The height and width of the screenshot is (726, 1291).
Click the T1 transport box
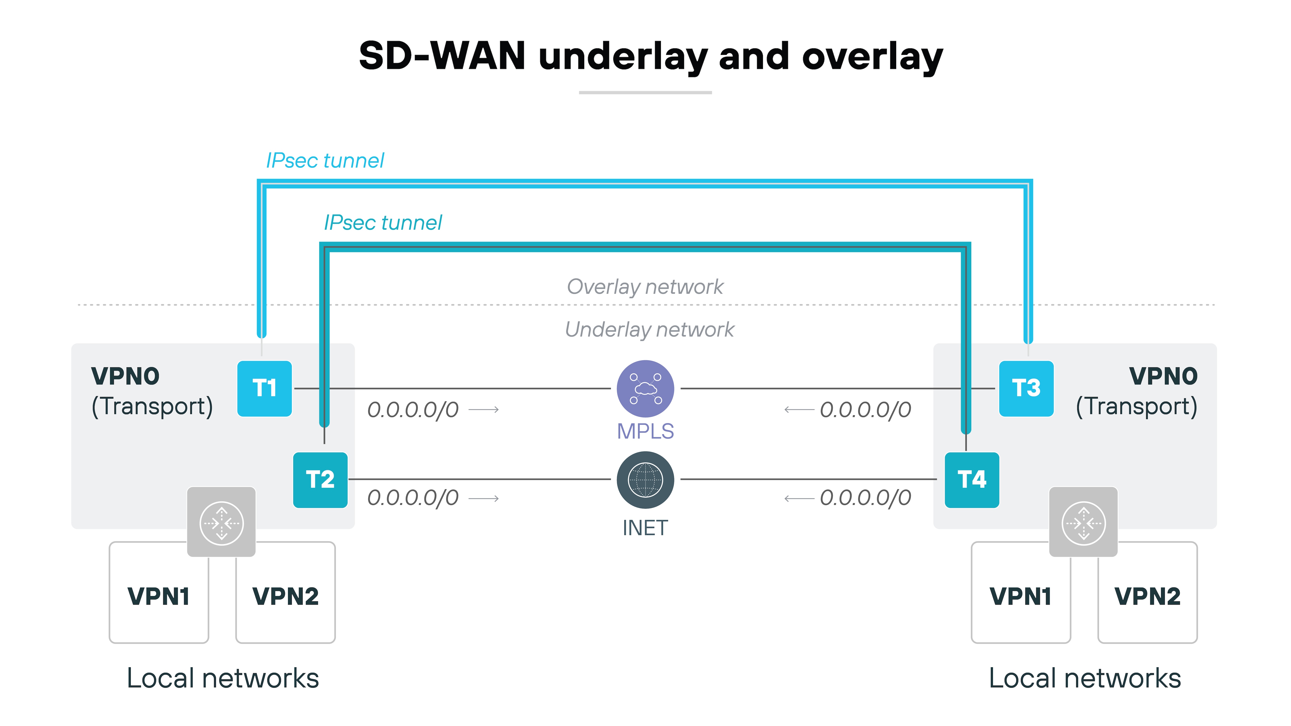264,388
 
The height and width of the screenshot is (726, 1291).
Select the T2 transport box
320,480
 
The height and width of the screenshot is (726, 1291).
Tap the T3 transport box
1026,388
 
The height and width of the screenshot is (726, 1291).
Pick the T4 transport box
971,480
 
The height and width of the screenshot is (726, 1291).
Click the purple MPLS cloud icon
645,388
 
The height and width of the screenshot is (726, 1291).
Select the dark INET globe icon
645,480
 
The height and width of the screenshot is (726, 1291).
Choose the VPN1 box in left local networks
158,596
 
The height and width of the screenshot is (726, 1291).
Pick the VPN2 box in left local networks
285,596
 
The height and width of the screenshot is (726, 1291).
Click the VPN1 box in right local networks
1020,596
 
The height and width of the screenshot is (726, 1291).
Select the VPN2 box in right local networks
1147,596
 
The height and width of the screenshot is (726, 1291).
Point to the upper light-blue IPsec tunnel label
325,161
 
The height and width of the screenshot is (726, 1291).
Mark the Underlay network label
649,330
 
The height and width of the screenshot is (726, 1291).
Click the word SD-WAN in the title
442,56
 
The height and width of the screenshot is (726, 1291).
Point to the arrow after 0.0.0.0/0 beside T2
484,499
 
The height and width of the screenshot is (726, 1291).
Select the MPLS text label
645,431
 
